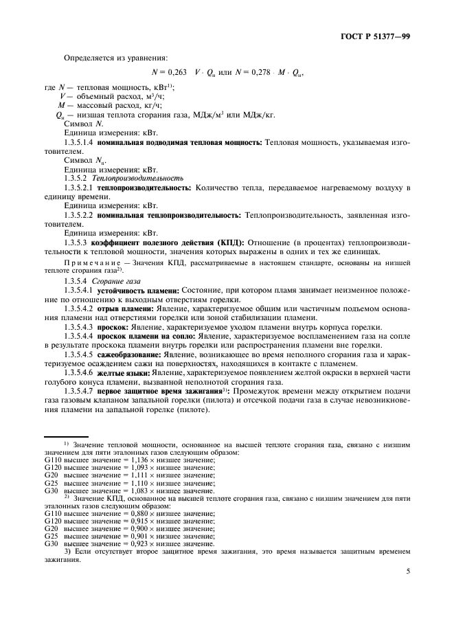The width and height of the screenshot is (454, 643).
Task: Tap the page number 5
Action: pyautogui.click(x=407, y=569)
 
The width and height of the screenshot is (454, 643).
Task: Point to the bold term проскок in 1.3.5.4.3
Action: pyautogui.click(x=115, y=328)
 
